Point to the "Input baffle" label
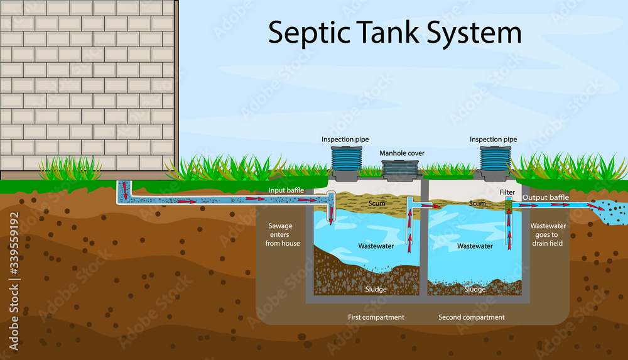[286, 190]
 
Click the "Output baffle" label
[546, 198]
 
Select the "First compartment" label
[376, 317]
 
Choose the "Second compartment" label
[471, 317]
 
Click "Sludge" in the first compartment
[376, 290]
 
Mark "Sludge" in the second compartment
[475, 290]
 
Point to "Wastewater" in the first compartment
[376, 246]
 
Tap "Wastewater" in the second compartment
[475, 246]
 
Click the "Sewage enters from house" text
[283, 234]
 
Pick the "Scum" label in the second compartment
[477, 204]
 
